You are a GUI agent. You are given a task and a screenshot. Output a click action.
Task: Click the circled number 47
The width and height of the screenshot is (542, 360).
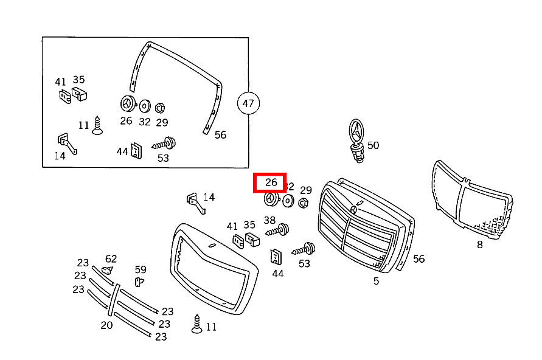coord(248,103)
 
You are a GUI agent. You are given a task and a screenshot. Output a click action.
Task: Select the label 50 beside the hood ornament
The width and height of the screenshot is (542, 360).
coord(373,145)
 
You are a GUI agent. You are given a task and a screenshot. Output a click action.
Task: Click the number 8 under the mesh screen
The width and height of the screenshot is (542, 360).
coord(479,244)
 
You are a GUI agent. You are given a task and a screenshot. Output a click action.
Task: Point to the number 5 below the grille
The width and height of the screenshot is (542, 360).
coord(376,281)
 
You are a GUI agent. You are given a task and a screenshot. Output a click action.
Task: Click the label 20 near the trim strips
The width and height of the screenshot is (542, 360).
coord(106,325)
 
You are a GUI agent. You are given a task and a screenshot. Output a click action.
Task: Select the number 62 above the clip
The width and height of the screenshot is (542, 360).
coord(111,259)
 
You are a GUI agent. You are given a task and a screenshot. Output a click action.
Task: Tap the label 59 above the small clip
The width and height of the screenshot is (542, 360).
coord(141,269)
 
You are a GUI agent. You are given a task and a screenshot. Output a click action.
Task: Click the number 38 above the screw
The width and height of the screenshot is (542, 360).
coord(269,220)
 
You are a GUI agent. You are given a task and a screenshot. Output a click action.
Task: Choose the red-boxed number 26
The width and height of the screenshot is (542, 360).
coord(271,182)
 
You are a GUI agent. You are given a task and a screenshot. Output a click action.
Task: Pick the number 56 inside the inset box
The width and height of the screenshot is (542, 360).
coord(220,135)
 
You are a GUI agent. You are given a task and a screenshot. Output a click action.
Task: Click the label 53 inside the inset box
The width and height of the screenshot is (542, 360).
coord(163,158)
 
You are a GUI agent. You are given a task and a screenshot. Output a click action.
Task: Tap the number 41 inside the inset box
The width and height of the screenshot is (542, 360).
coord(60,81)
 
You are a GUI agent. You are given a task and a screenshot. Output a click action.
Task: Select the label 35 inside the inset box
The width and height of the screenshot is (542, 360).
coord(79,80)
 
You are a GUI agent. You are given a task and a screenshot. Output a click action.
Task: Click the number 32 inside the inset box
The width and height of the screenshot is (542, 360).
coord(144,121)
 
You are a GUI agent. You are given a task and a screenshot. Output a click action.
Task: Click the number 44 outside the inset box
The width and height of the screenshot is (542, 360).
coord(277,274)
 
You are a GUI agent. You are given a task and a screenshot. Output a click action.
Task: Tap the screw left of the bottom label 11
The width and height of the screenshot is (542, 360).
coord(197,324)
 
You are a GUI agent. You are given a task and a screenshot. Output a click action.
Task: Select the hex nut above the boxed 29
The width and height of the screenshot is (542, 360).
coord(161,108)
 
